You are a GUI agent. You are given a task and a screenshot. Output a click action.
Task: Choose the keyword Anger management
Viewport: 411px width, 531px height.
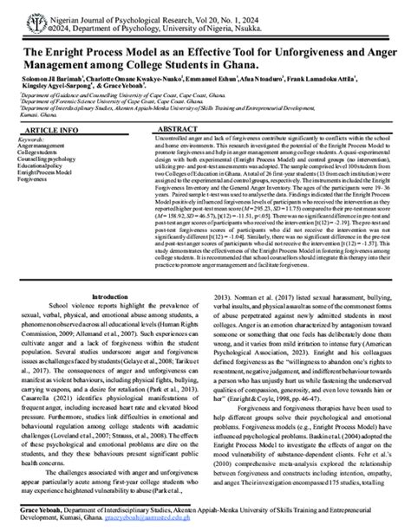[42, 146]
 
